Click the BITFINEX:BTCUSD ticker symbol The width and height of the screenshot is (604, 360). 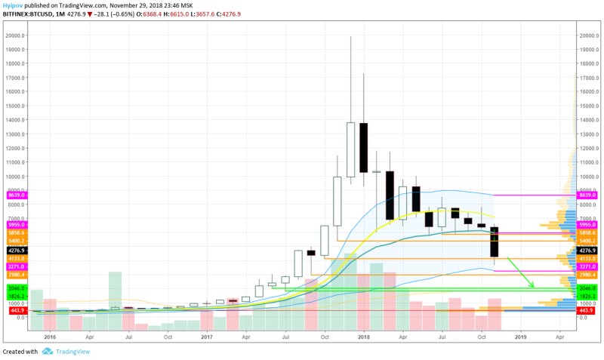tap(31, 13)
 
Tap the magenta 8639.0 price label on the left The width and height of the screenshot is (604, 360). tap(16, 195)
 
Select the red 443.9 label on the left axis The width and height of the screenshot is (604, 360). tap(16, 310)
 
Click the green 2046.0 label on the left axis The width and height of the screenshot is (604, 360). tap(16, 288)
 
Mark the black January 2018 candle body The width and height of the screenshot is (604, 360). tap(363, 146)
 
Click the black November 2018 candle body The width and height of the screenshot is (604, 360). tap(495, 242)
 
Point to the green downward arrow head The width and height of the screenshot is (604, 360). tap(533, 286)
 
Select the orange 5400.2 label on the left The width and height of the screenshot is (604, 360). tap(16, 241)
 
